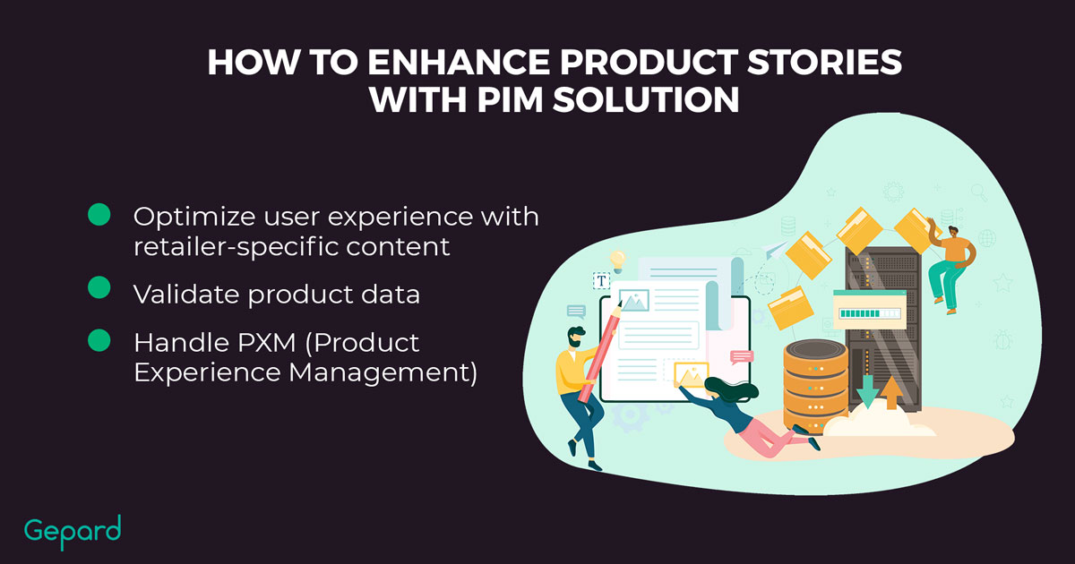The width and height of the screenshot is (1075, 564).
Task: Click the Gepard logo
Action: pos(73,532)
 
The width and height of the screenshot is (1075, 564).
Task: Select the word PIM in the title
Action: pos(510,99)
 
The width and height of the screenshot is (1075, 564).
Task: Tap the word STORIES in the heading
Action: pos(824,63)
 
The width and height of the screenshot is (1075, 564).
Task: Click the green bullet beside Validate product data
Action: pos(99,287)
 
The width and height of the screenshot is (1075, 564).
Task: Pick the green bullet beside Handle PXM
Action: pos(99,340)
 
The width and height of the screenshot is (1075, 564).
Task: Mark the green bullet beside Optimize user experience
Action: pos(99,214)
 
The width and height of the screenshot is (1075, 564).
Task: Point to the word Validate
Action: pos(186,294)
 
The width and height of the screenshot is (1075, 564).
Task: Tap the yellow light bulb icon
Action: pos(617,261)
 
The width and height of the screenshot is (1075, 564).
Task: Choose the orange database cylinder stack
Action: pos(815,385)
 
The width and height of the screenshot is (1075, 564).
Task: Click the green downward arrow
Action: pos(867,390)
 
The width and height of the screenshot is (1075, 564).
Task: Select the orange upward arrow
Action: pos(891,392)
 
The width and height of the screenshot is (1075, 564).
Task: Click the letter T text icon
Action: pos(601,280)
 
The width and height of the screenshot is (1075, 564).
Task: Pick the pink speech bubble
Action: pos(742,357)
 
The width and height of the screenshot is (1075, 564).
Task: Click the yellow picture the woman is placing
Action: pos(691,375)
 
